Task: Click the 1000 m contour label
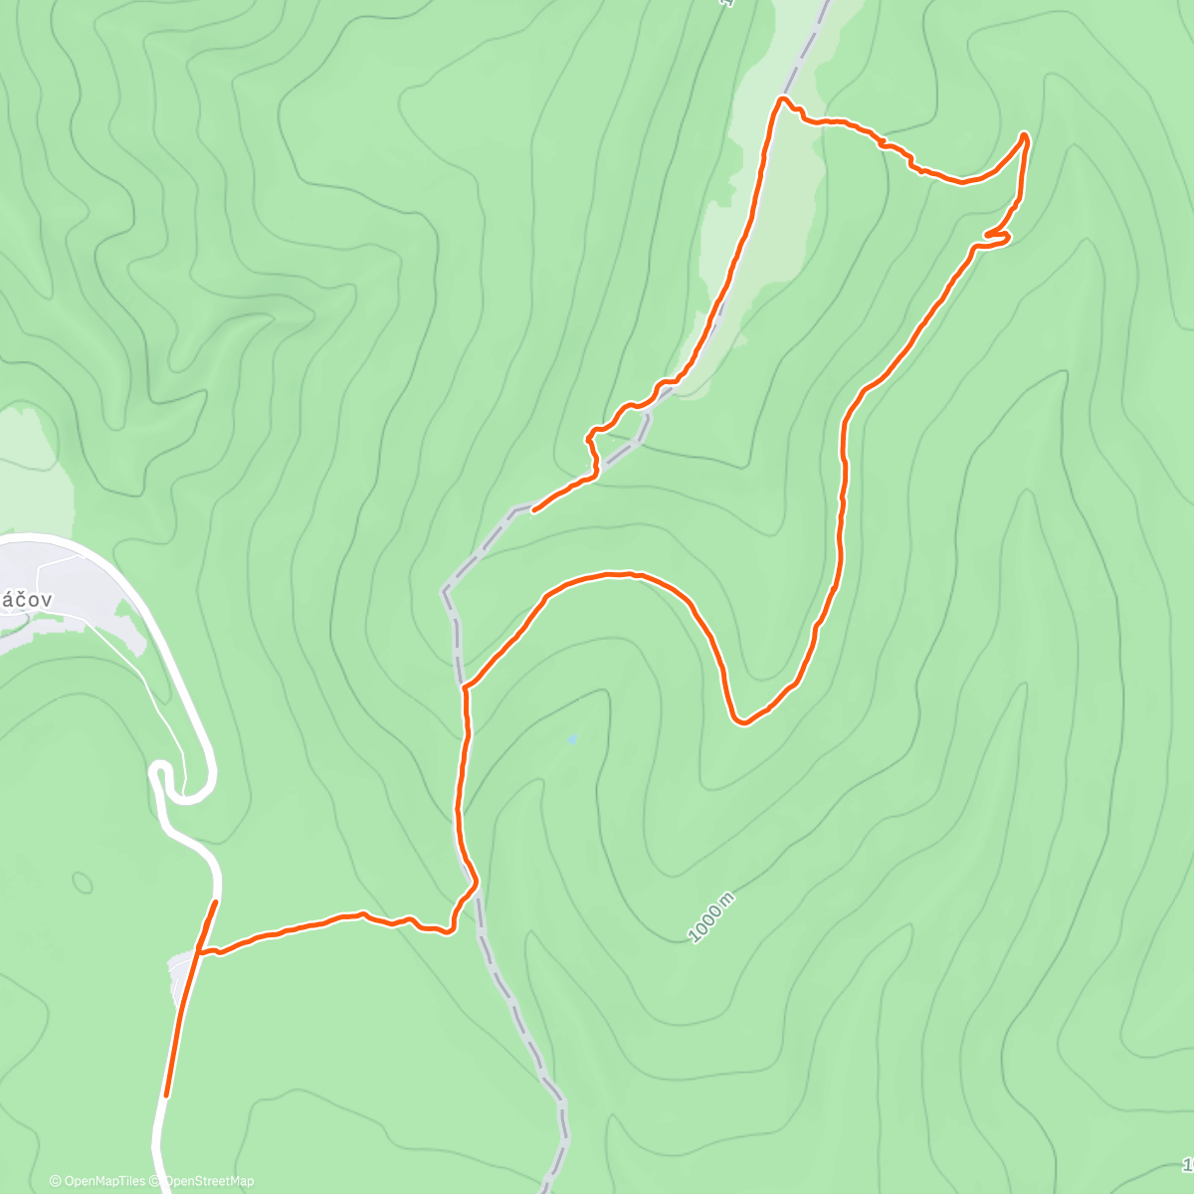pyautogui.click(x=711, y=917)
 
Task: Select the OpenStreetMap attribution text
pyautogui.click(x=209, y=1181)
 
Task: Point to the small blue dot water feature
pyautogui.click(x=571, y=739)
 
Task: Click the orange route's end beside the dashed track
pyautogui.click(x=534, y=510)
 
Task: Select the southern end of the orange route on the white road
pyautogui.click(x=166, y=1095)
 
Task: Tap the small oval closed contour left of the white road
pyautogui.click(x=83, y=882)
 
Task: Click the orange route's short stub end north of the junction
pyautogui.click(x=215, y=902)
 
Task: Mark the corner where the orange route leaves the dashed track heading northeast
pyautogui.click(x=466, y=687)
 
